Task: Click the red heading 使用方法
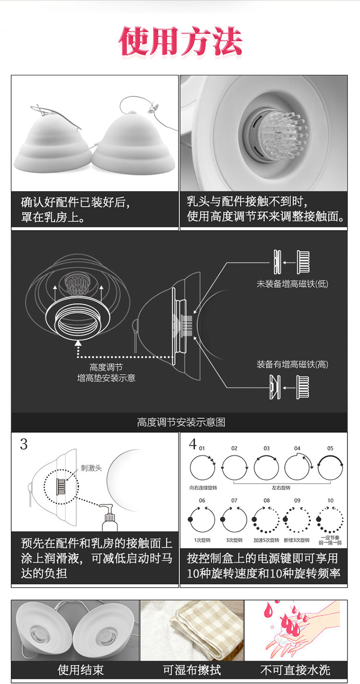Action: [x=180, y=42]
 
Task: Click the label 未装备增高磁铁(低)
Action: [x=292, y=284]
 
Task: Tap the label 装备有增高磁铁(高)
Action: [x=292, y=364]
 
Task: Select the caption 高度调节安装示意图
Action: [x=181, y=422]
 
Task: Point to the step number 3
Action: [x=24, y=444]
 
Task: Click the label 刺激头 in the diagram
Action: [x=91, y=468]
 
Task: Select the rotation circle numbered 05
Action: [x=331, y=467]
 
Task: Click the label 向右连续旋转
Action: [x=203, y=488]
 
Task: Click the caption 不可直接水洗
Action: [x=295, y=670]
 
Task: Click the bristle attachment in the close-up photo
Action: [x=278, y=135]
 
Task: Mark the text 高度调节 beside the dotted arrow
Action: [x=106, y=367]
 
